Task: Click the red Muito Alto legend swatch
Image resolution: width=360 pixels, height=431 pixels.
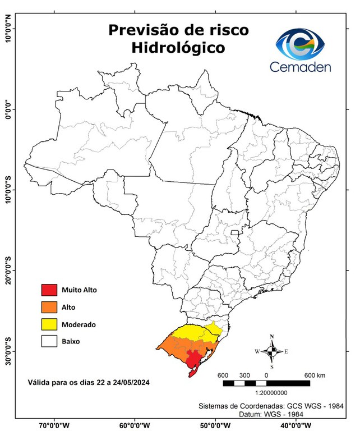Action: (x=49, y=290)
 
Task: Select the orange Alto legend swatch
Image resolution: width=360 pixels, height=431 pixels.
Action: (x=49, y=307)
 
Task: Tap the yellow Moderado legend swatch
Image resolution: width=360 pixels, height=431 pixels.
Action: (x=49, y=324)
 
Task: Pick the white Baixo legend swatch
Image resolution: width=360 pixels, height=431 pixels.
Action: (x=49, y=341)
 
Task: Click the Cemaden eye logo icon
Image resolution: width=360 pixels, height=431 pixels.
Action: (x=303, y=45)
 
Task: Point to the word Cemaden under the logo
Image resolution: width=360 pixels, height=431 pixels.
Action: (x=301, y=67)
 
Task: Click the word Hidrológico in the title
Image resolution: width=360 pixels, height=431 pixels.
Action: (x=178, y=48)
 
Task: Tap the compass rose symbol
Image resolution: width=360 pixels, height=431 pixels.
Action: (x=271, y=352)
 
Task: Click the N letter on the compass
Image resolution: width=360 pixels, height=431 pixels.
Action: (x=272, y=337)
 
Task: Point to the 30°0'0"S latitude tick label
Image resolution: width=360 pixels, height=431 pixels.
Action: (x=7, y=351)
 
